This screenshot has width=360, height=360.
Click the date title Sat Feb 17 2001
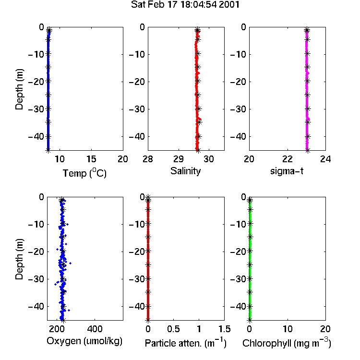pyautogui.click(x=185, y=5)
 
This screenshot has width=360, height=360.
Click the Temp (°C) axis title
pyautogui.click(x=84, y=173)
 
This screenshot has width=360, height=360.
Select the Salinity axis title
pyautogui.click(x=185, y=171)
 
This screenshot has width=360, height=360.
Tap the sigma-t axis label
pyautogui.click(x=287, y=171)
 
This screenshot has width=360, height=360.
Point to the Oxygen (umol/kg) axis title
pyautogui.click(x=84, y=341)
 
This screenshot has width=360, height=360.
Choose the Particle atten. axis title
pyautogui.click(x=185, y=343)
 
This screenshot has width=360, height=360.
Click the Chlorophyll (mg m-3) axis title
pyautogui.click(x=287, y=343)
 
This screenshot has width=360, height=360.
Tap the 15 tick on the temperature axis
pyautogui.click(x=91, y=159)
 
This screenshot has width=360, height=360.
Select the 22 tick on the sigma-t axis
pyautogui.click(x=287, y=159)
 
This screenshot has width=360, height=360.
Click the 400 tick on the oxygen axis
pyautogui.click(x=95, y=329)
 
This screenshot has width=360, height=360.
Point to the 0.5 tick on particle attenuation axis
pyautogui.click(x=173, y=329)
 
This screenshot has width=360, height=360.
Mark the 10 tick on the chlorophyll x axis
pyautogui.click(x=288, y=329)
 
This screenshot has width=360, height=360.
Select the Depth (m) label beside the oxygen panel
pyautogui.click(x=19, y=259)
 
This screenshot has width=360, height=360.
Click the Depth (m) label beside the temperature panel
pyautogui.click(x=19, y=89)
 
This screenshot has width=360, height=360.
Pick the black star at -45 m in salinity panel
pyautogui.click(x=198, y=150)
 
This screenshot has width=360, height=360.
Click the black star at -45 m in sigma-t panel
pyautogui.click(x=308, y=150)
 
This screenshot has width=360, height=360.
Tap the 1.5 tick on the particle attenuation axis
pyautogui.click(x=224, y=329)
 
